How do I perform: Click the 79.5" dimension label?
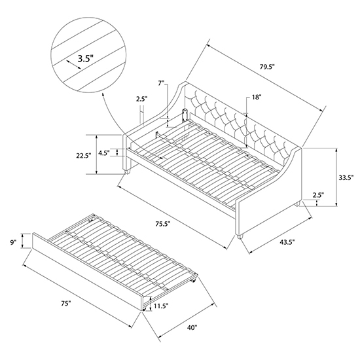click(x=267, y=67)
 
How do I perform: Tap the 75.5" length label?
click(x=162, y=224)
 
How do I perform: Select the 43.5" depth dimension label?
click(x=287, y=242)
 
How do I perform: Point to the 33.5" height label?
click(x=346, y=177)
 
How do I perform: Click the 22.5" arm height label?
click(x=84, y=155)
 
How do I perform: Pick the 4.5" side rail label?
click(x=105, y=152)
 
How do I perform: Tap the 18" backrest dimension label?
click(x=257, y=97)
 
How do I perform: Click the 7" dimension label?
click(x=162, y=83)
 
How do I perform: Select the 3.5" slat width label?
click(x=86, y=59)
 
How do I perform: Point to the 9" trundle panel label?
click(x=13, y=242)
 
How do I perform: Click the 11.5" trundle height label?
click(x=161, y=306)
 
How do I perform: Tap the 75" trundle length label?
click(x=65, y=304)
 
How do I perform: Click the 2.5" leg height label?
click(x=318, y=195)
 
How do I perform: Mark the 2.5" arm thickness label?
click(x=141, y=99)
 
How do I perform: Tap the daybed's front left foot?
click(x=127, y=171)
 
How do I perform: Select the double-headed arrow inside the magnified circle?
click(x=73, y=65)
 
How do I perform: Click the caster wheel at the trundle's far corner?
click(x=194, y=280)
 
